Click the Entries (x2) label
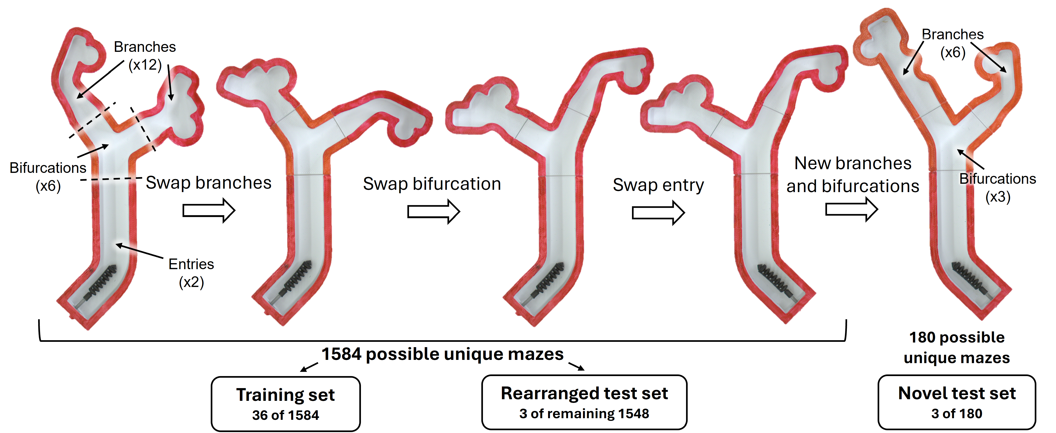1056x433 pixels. pos(191,273)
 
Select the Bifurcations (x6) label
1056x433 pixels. pos(48,177)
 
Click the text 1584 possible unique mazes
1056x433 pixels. pos(442,354)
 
